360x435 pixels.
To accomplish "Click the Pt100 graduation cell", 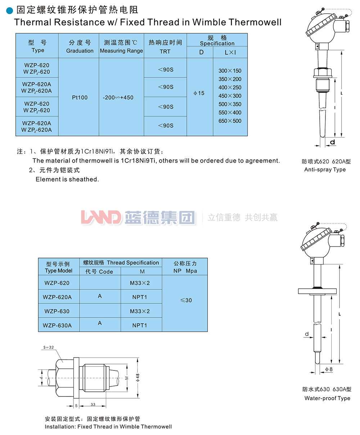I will click(80, 98).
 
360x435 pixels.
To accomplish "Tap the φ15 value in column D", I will click(199, 93).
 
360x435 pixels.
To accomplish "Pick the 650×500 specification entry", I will click(230, 121).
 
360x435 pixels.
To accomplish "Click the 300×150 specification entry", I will click(230, 71).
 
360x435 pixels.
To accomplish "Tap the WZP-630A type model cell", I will click(57, 325).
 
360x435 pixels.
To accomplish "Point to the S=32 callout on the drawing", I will click(48, 347).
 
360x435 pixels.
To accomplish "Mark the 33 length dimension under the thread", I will click(93, 405).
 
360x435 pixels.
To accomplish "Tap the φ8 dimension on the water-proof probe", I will click(329, 369).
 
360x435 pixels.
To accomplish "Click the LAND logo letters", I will click(101, 218).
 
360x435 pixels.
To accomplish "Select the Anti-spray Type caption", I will click(325, 170).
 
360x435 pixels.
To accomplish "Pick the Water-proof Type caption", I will click(327, 398).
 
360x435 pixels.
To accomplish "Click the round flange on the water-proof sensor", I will click(317, 290).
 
